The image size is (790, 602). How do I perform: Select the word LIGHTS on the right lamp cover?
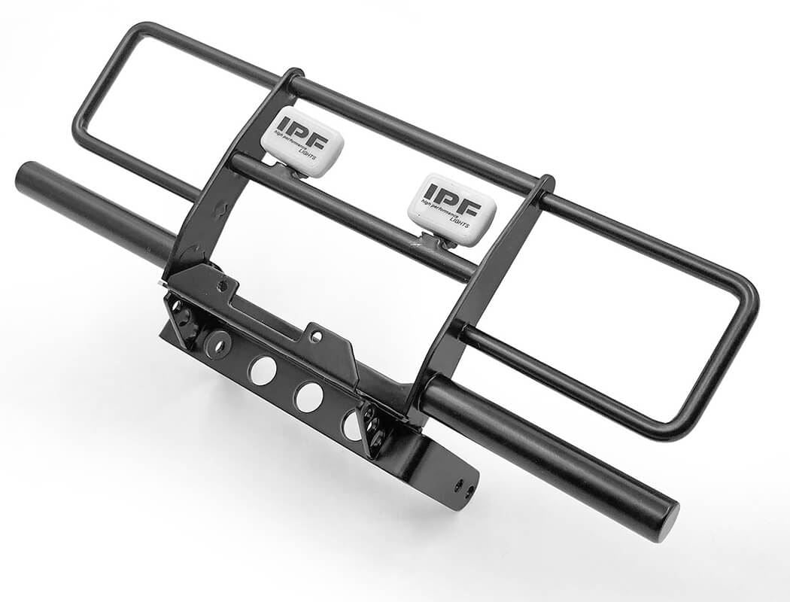tap(460, 223)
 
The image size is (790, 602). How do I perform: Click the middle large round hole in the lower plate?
tap(308, 397)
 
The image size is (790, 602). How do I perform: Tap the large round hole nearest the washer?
tap(263, 370)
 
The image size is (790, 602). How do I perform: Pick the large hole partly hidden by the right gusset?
tap(351, 425)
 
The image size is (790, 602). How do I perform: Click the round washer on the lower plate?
tap(217, 344)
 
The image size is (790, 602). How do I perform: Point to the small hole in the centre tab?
tap(315, 336)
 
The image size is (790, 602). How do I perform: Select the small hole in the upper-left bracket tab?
tap(222, 287)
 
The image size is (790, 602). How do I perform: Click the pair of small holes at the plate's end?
tap(463, 491)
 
